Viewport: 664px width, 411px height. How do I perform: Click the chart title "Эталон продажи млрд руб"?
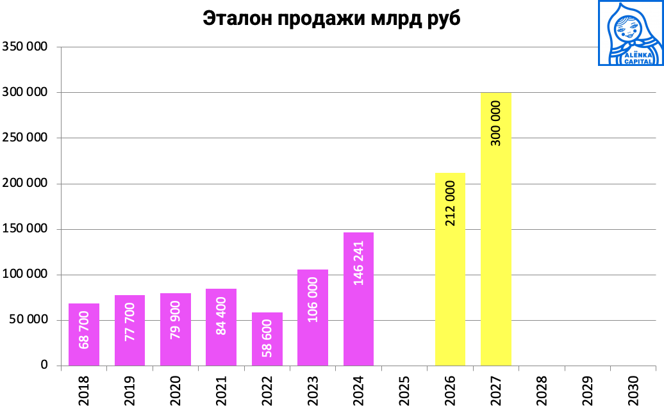(331, 19)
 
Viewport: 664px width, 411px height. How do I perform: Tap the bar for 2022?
(267, 339)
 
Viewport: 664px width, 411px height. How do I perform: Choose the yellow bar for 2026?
(450, 269)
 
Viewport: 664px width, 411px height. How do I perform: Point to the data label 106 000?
(313, 299)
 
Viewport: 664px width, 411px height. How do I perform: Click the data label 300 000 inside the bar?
(496, 123)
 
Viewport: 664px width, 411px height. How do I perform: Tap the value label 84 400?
(222, 316)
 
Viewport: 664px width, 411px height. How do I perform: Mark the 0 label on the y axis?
(44, 366)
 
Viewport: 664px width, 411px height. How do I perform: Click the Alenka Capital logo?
(630, 33)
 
